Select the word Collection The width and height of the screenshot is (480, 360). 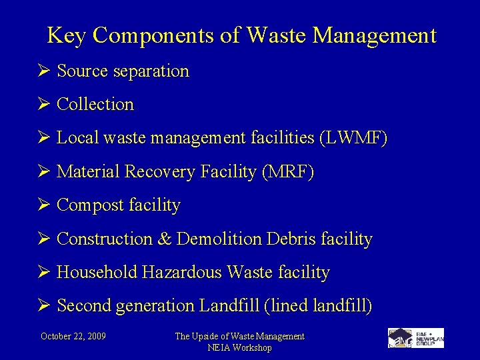[95, 104]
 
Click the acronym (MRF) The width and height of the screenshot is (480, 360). [288, 171]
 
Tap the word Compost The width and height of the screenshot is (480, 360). [85, 205]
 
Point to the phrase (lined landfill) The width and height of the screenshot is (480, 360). [319, 306]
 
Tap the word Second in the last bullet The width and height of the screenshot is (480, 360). [84, 306]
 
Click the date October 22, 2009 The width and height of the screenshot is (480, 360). [73, 336]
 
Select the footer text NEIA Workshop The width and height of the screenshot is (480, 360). [239, 347]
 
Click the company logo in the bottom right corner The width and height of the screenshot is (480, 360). [415, 338]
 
